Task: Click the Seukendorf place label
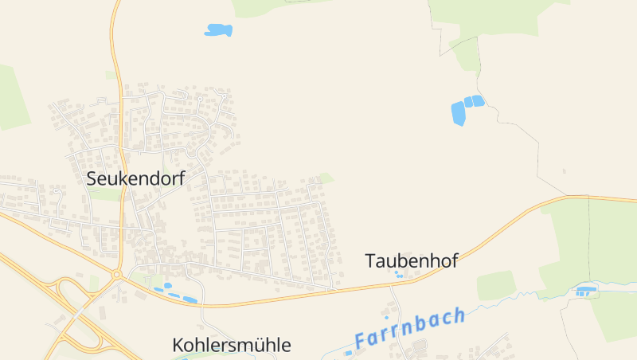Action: click(135, 178)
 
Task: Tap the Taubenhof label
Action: click(411, 260)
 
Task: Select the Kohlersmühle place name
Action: click(232, 345)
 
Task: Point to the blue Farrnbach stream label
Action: click(410, 327)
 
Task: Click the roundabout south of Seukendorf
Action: click(116, 275)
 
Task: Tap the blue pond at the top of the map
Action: click(218, 30)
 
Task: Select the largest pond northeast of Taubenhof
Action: click(458, 113)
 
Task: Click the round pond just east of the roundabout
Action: click(168, 285)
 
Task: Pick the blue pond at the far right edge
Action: click(586, 291)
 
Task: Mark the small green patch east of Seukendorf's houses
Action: click(325, 178)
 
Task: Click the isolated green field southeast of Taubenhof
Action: click(496, 285)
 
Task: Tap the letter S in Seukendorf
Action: click(92, 178)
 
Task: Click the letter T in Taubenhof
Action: click(370, 260)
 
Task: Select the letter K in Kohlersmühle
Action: click(178, 345)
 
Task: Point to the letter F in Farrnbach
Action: click(361, 340)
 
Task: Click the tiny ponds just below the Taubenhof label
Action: click(397, 274)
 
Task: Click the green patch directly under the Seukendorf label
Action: click(107, 194)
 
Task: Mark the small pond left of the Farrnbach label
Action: click(348, 353)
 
